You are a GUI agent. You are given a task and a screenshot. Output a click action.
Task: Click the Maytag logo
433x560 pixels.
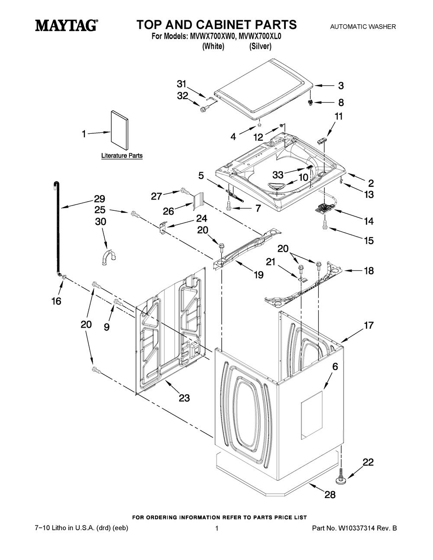pos(66,26)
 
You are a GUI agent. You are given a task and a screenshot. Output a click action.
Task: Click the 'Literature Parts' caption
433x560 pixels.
pos(122,155)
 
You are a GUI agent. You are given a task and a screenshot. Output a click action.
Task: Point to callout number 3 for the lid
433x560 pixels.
pos(341,86)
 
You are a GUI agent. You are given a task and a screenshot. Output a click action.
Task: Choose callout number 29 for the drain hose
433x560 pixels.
pos(99,199)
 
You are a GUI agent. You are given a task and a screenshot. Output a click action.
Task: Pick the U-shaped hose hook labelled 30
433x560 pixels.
pos(107,254)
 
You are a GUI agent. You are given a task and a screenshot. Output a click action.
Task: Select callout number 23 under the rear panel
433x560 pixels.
pos(184,398)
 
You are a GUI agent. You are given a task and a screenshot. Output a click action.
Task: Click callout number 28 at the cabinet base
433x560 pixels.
pos(330,495)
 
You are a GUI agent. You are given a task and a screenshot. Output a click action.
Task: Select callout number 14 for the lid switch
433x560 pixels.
pos(368,221)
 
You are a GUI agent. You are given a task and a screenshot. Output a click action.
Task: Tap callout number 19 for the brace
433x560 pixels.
pos(259,275)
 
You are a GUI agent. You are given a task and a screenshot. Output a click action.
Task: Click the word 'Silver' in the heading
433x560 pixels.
pos(260,46)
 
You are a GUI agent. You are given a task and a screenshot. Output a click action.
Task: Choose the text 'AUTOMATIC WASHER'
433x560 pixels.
pos(363,27)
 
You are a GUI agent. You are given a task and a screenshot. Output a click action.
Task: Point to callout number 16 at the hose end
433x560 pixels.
pos(56,301)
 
